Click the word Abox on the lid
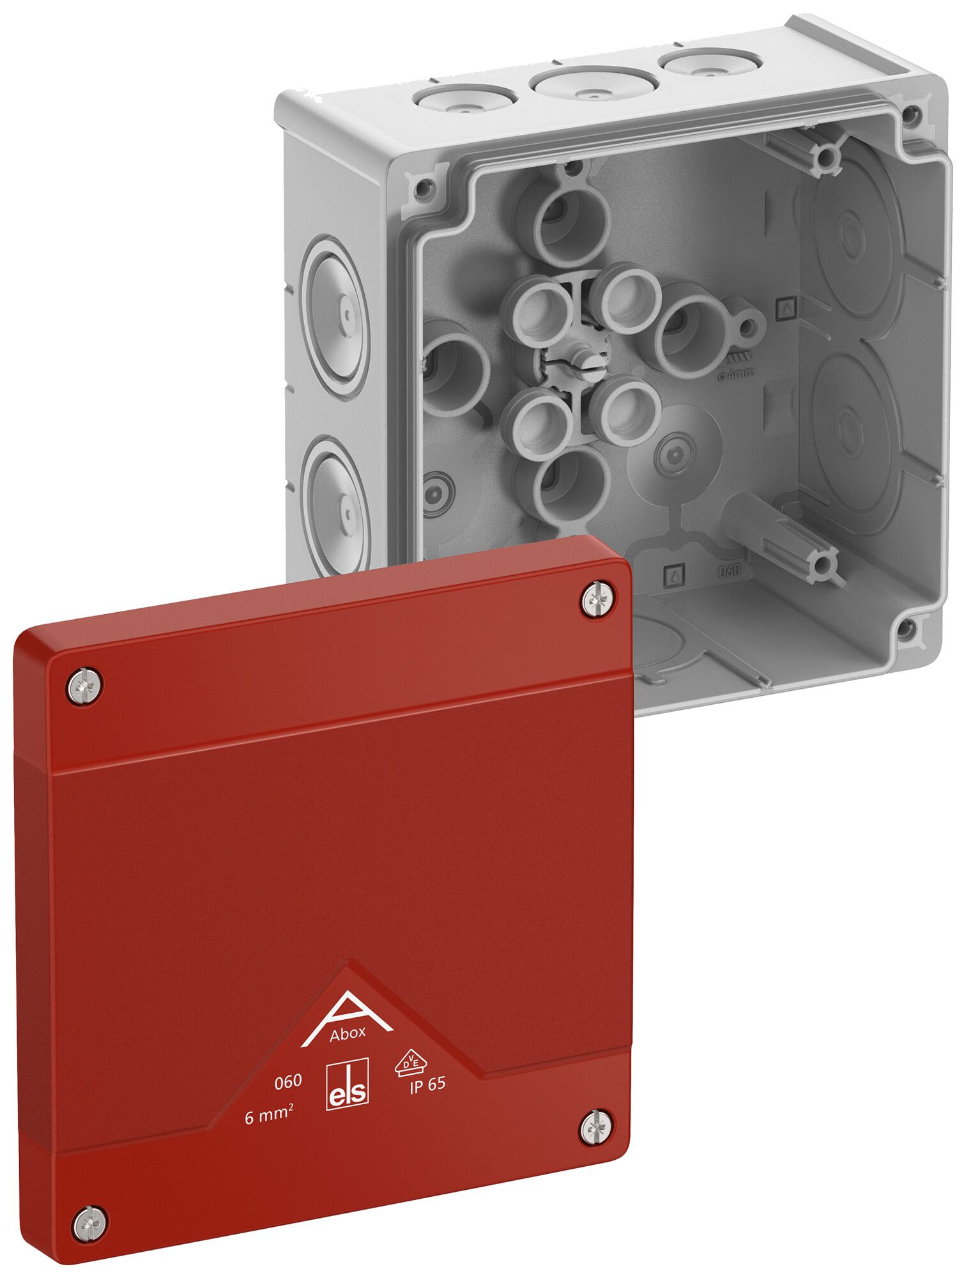348,1033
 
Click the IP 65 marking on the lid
427,1085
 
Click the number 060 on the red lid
287,1081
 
